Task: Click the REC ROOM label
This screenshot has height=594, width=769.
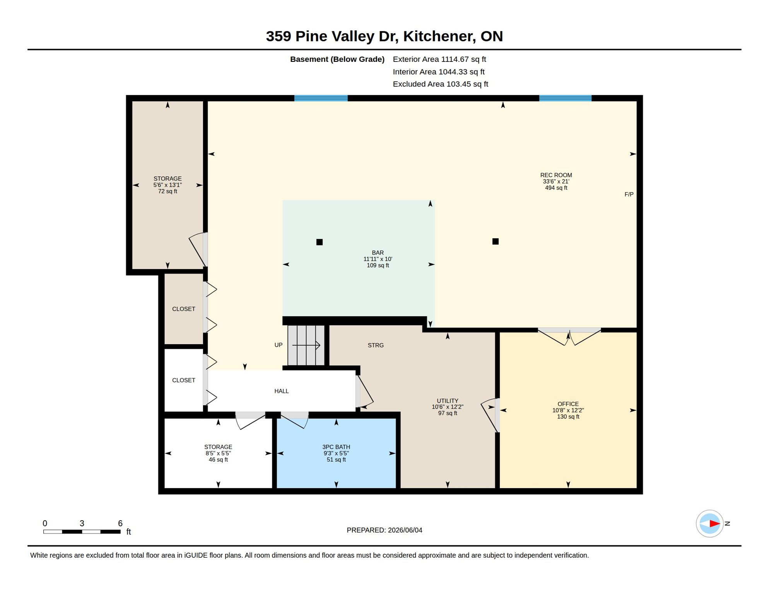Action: pos(556,175)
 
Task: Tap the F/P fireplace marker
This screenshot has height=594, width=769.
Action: pos(629,195)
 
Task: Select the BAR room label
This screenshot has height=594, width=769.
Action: pos(378,253)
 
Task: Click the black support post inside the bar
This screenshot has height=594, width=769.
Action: pos(320,242)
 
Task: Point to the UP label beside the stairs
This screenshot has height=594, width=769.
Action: pos(279,345)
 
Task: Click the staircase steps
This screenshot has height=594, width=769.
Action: pos(306,345)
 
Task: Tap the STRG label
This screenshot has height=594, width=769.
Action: pos(376,345)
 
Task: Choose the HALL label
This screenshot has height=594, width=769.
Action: pos(282,391)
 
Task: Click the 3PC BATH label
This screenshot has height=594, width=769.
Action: pos(336,447)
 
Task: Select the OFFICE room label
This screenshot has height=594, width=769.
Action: pos(568,404)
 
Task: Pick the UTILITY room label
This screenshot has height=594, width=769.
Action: pos(448,401)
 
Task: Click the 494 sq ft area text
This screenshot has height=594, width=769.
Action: pos(556,188)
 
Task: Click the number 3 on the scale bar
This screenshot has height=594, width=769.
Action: pos(82,523)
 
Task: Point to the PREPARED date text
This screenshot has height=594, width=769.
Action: pos(384,530)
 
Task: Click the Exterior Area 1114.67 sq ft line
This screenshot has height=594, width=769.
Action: pos(439,59)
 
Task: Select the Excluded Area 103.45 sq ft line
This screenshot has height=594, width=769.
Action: pos(441,84)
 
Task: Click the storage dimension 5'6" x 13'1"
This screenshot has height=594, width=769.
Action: pos(167,185)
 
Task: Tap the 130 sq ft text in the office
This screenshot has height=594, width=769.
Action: pos(568,416)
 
